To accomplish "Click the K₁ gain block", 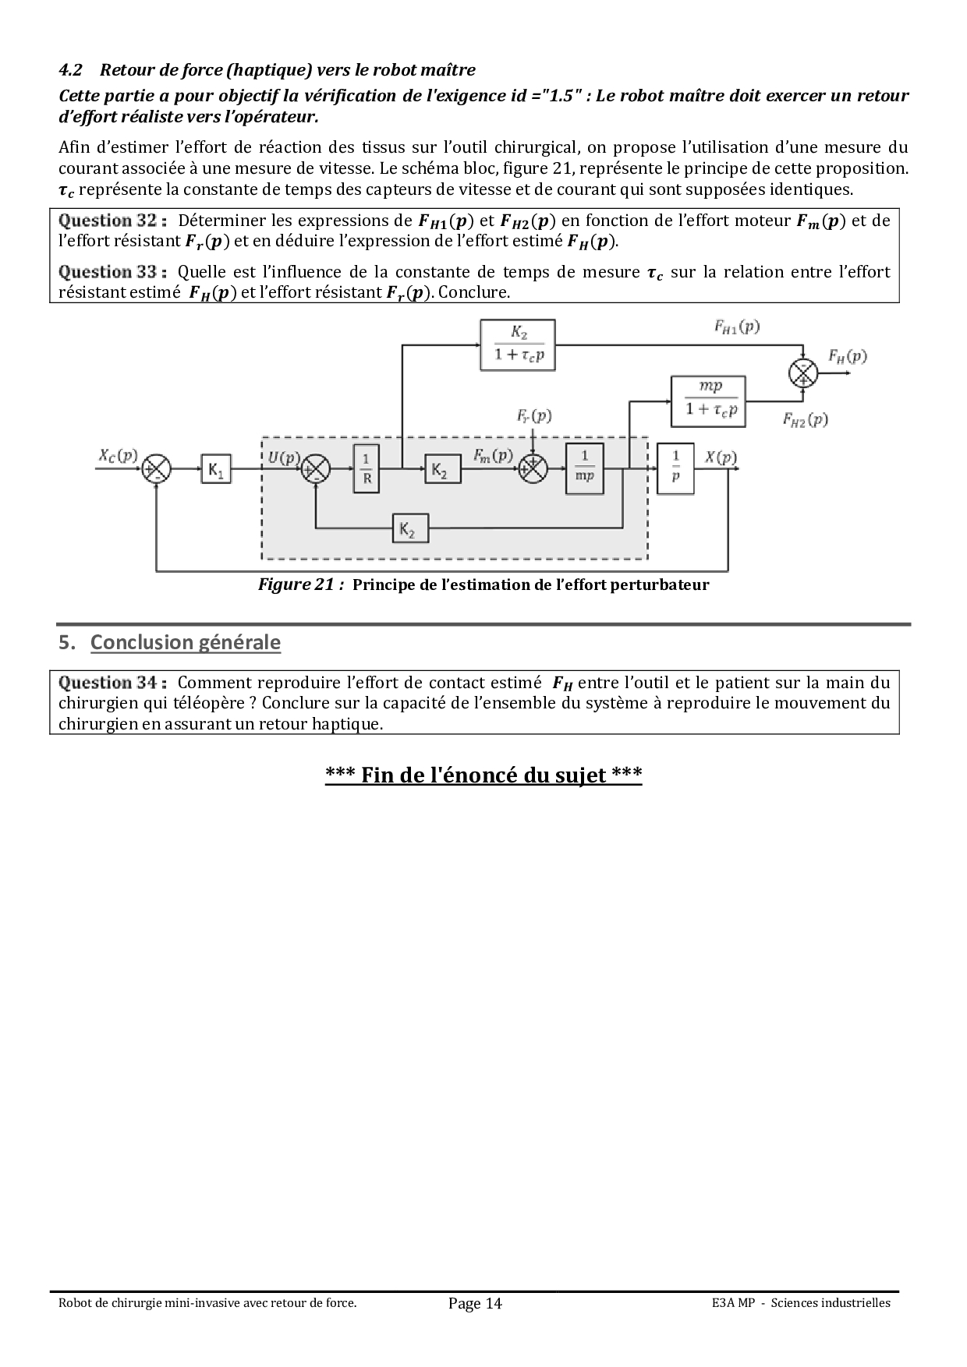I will click(x=216, y=468).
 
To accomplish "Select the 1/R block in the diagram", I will click(x=367, y=468).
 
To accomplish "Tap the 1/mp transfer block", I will click(x=584, y=468).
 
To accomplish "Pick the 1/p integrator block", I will click(x=675, y=468).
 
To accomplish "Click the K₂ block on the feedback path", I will click(x=410, y=530).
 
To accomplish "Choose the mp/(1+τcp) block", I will click(x=708, y=401).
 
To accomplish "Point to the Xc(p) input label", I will click(x=118, y=455).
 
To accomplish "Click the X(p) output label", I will click(x=721, y=457).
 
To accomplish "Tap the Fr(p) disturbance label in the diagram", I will click(x=533, y=415).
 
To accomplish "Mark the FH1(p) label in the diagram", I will click(x=736, y=327).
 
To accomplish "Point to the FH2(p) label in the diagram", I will click(x=805, y=419).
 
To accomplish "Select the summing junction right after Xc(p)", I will click(x=157, y=468).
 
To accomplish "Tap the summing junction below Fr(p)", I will click(x=533, y=468).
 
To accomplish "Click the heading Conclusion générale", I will click(x=186, y=642).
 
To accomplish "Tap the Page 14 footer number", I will click(x=475, y=1303).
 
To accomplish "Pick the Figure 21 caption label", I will click(x=301, y=585).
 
